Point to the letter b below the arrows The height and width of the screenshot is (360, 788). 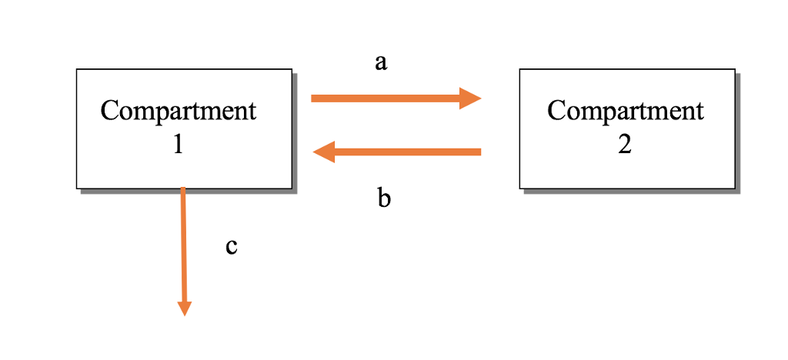tap(384, 198)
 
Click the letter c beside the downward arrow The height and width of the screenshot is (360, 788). tap(231, 246)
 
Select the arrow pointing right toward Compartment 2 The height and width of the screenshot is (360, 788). tap(392, 98)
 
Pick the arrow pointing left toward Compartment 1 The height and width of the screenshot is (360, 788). tap(400, 152)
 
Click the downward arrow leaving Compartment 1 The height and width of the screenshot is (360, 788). tap(183, 246)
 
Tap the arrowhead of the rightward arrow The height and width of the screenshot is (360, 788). tap(469, 98)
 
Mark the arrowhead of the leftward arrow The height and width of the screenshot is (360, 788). tap(324, 152)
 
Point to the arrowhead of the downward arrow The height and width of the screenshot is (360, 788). tap(184, 308)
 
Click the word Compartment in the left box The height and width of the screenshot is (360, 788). tap(178, 111)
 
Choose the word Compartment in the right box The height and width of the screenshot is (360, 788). tap(625, 111)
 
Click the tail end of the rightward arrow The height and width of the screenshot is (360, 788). tap(314, 98)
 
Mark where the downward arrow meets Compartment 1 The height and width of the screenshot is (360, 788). tap(182, 188)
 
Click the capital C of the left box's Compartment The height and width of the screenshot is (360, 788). tap(109, 111)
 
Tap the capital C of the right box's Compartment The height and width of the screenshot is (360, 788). tap(556, 111)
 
